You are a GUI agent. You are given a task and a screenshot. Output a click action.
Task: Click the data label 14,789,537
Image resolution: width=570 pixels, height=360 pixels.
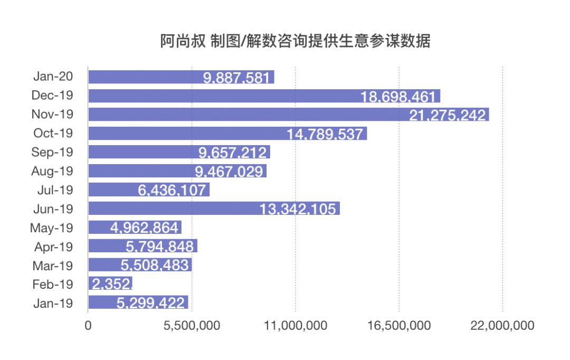[325, 134]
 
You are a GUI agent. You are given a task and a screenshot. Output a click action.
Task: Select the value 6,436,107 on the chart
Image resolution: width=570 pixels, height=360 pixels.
[172, 191]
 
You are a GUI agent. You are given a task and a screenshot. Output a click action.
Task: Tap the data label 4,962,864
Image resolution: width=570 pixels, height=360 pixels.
[145, 229]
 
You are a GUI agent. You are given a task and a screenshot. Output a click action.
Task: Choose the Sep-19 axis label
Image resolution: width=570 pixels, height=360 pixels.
[52, 152]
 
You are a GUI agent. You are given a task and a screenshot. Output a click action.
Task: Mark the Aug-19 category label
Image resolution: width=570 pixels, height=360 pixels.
[52, 171]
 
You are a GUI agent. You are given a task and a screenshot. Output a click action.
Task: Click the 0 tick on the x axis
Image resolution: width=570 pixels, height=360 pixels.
[88, 326]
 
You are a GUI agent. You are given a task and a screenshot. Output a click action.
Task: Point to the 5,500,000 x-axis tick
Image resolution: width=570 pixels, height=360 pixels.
[192, 326]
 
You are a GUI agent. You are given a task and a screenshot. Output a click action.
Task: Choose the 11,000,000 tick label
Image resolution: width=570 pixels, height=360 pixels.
[296, 326]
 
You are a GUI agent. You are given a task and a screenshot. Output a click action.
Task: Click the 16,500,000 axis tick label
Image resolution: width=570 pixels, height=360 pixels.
[399, 326]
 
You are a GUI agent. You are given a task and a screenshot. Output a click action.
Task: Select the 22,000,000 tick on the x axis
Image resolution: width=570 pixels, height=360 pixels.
[502, 326]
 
